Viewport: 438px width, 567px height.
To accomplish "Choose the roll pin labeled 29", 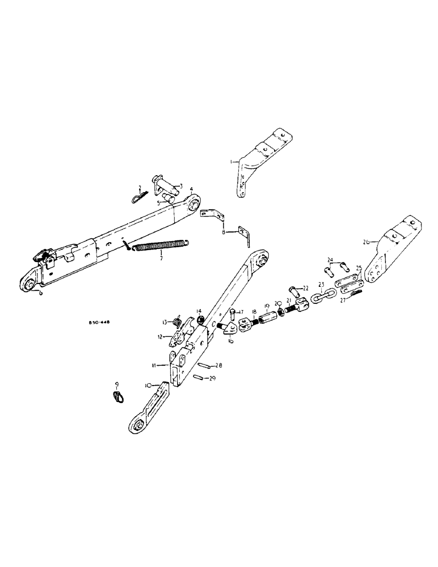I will (x=199, y=376).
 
